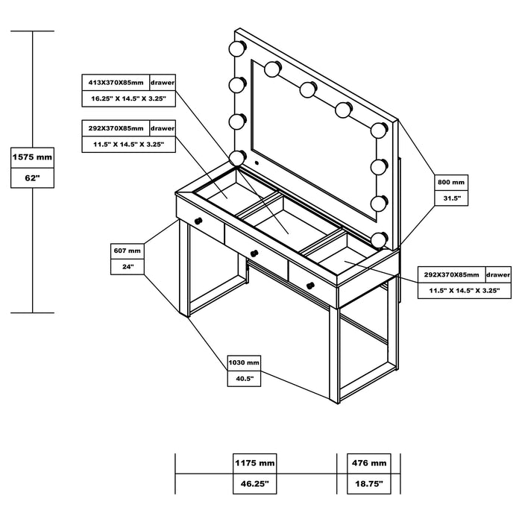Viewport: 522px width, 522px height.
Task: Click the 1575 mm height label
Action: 33,157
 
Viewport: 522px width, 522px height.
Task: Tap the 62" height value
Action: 33,178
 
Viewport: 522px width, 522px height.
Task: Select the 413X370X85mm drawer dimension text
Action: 116,81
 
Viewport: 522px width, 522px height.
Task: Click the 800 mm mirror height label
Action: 451,182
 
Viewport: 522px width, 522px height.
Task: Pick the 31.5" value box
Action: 451,199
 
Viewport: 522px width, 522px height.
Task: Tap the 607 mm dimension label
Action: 126,251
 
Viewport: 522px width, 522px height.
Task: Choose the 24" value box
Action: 126,268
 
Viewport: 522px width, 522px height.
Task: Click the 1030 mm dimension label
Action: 244,362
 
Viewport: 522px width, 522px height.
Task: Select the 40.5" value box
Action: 244,379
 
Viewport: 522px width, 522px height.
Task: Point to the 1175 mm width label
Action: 255,463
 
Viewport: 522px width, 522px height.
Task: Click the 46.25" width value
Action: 255,483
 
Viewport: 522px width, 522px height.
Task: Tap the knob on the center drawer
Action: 254,250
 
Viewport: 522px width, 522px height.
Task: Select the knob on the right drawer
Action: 310,283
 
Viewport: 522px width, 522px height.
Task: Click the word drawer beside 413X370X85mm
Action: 163,81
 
